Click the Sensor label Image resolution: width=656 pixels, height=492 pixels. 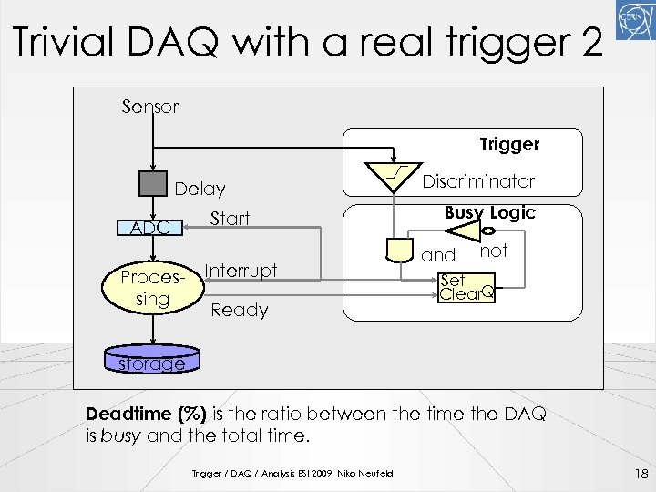pos(150,107)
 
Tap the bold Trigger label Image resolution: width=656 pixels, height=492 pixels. pos(509,144)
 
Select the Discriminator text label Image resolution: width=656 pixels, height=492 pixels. pos(477,180)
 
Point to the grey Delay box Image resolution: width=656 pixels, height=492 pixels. pos(154,183)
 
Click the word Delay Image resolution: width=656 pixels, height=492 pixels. pos(200,189)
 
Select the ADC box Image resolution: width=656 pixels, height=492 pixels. pos(149,227)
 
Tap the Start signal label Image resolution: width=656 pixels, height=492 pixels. pos(230,218)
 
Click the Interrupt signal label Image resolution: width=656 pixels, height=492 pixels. pos(241,270)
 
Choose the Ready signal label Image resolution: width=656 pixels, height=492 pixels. pos(239,310)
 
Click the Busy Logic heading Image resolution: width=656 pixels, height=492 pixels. pos(489,212)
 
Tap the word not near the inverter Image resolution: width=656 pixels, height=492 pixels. pos(493,250)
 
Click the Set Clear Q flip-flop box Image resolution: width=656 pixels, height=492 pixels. pos(466,287)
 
